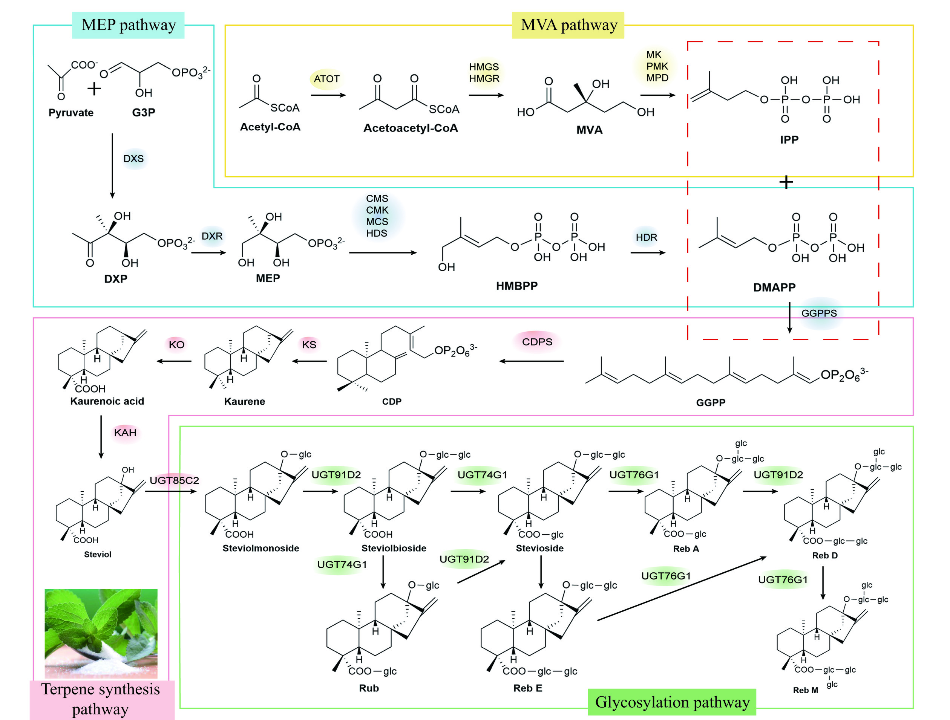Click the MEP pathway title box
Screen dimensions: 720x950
click(x=129, y=25)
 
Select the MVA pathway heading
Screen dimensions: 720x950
click(x=568, y=25)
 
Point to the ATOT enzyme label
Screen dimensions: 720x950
click(x=326, y=79)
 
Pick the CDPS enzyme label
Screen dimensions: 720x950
click(x=537, y=342)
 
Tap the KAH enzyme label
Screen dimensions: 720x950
click(x=125, y=433)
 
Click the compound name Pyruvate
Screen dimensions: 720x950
click(x=71, y=113)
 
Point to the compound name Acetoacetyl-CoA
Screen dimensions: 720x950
click(x=411, y=128)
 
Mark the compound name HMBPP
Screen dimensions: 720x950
click(x=517, y=286)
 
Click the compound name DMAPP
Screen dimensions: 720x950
click(x=774, y=287)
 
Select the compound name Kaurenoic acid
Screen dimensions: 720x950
click(x=107, y=401)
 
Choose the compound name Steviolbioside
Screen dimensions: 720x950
click(x=394, y=548)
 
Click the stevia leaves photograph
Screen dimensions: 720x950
click(x=101, y=633)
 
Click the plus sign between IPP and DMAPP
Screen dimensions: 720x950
click(x=786, y=182)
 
